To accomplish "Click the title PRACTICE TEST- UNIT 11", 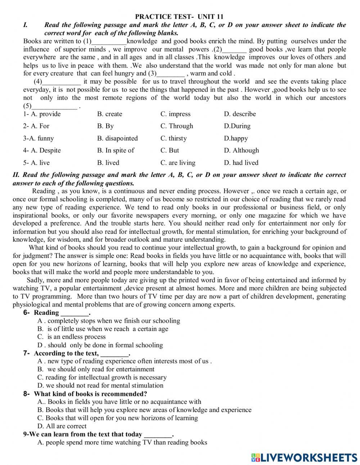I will [179, 17].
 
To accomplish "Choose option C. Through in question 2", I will [176, 126].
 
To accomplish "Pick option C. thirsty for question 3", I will [173, 138].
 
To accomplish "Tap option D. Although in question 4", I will [241, 151].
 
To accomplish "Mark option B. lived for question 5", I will [108, 163].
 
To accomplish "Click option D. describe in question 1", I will [240, 114].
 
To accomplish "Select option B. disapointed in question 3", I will [117, 138].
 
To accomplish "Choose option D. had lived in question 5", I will [241, 163].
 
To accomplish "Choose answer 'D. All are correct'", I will [62, 426].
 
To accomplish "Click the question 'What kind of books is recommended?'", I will [90, 394].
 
